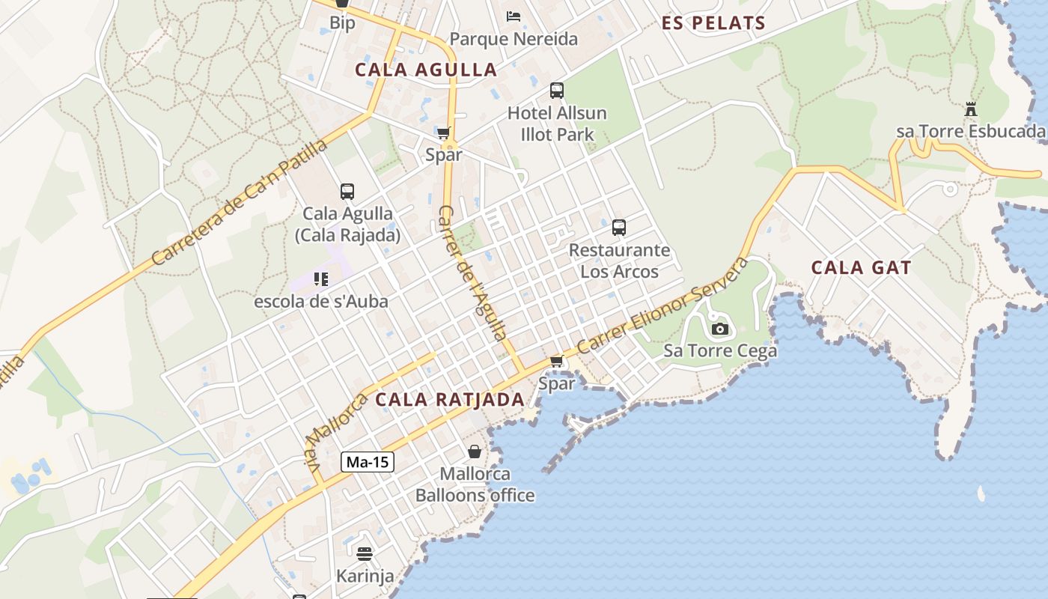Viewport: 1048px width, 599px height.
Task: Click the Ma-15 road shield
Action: point(368,462)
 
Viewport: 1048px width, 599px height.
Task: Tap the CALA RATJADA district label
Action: point(449,400)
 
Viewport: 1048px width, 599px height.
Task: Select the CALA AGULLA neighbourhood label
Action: point(426,70)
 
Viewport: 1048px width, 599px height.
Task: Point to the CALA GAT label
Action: point(861,268)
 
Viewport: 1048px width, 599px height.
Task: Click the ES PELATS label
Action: point(713,23)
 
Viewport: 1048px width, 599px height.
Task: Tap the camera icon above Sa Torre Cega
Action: point(720,329)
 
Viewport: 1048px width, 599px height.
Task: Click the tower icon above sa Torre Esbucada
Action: point(971,109)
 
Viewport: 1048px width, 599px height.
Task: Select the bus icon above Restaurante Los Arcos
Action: point(619,228)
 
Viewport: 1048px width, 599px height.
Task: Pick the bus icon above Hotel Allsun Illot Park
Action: point(557,91)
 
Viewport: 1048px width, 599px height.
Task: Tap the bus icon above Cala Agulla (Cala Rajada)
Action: point(347,191)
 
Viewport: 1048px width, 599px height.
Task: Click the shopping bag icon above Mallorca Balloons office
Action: point(475,451)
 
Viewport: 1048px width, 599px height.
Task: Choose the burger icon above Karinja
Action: point(365,554)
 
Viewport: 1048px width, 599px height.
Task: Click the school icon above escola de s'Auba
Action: point(321,279)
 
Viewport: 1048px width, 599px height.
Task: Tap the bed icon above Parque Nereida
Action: point(514,16)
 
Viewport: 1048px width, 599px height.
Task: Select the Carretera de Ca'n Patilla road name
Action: point(240,201)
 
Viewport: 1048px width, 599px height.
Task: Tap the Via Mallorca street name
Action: point(335,432)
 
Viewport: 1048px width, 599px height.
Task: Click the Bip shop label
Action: point(342,23)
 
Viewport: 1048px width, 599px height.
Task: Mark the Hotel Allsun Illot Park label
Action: point(557,124)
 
